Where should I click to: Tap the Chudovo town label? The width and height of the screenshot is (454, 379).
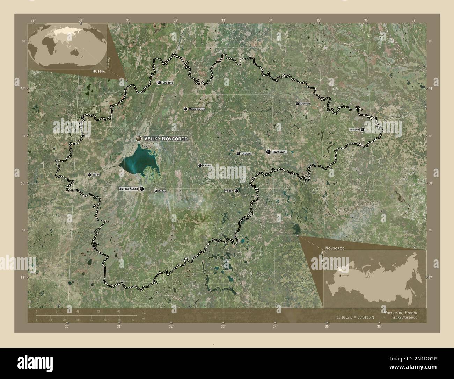click(x=168, y=83)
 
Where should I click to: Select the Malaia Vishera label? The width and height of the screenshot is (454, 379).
click(x=197, y=109)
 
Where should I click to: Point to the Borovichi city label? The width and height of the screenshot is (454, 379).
click(x=279, y=152)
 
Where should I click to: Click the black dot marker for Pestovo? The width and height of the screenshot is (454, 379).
click(x=363, y=130)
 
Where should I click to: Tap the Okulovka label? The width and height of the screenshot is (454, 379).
click(x=247, y=153)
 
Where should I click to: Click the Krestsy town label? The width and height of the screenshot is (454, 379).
click(x=207, y=165)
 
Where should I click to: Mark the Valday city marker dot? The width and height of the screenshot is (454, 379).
click(x=236, y=191)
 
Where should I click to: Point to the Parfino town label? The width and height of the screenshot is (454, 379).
click(x=162, y=191)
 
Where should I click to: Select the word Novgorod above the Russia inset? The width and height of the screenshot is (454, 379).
click(x=335, y=248)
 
